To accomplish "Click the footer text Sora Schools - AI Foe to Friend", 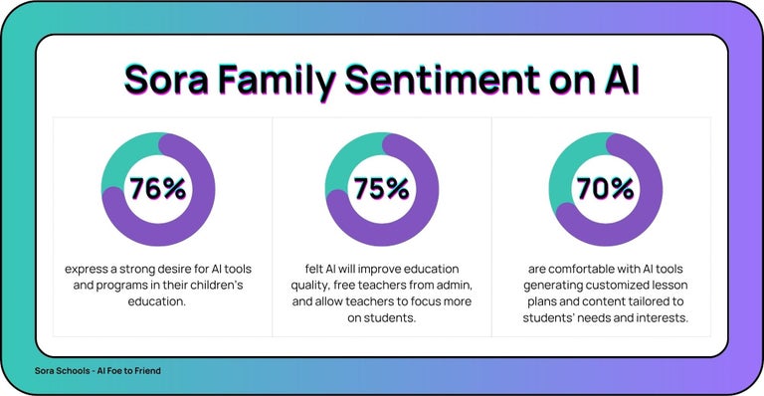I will pos(96,370).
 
